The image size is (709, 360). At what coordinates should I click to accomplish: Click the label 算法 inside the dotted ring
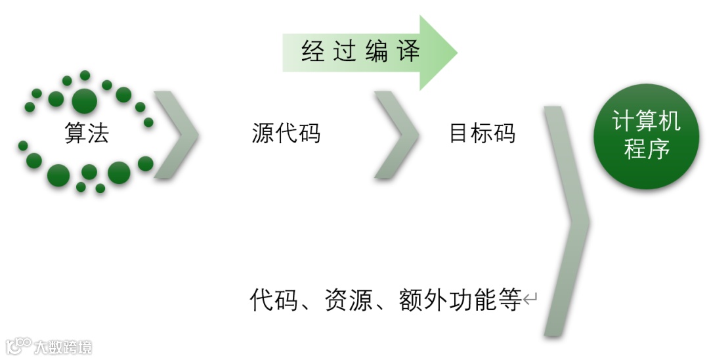coord(87,133)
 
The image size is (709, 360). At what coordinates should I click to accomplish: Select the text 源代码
coord(286,133)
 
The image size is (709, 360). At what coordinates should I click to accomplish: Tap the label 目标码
coord(482,133)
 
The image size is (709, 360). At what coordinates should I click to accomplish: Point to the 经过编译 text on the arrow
coord(360,52)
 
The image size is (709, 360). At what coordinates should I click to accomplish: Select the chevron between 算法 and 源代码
coord(176,134)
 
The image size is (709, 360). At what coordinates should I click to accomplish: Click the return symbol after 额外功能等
coord(530,301)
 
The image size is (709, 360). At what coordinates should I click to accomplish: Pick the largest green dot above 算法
coord(85,101)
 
